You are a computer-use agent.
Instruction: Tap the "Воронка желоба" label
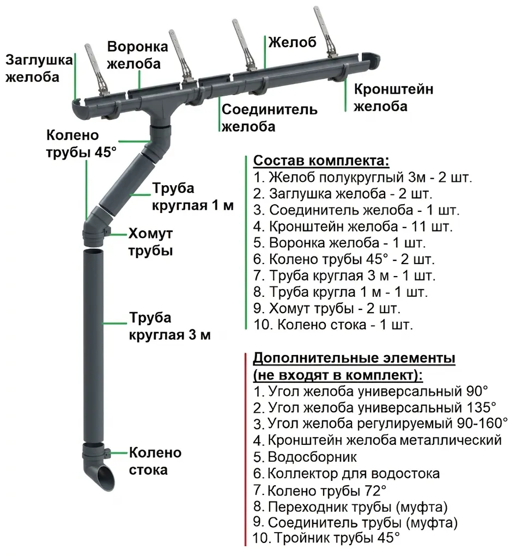pyautogui.click(x=133, y=54)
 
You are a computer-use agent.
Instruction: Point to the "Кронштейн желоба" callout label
pyautogui.click(x=393, y=97)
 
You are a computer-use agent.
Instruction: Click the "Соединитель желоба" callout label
pyautogui.click(x=269, y=118)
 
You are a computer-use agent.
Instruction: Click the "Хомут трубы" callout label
pyautogui.click(x=150, y=242)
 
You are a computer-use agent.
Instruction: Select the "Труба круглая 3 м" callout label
pyautogui.click(x=169, y=326)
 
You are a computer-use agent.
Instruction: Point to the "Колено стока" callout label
pyautogui.click(x=155, y=461)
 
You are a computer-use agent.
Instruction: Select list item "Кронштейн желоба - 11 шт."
pyautogui.click(x=352, y=225)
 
